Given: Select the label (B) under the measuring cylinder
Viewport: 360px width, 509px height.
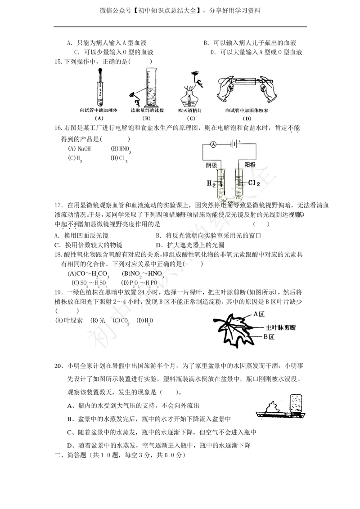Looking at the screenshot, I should coord(145,118).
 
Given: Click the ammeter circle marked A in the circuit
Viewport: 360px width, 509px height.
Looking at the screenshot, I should coord(214,144).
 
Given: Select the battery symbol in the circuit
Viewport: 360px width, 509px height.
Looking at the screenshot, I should coord(234,144).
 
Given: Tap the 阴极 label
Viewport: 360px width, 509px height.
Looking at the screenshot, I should coord(212,165).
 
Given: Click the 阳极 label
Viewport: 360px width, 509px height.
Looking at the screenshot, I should coord(250,165).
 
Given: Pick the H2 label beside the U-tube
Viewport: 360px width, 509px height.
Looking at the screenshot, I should coord(211,183).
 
